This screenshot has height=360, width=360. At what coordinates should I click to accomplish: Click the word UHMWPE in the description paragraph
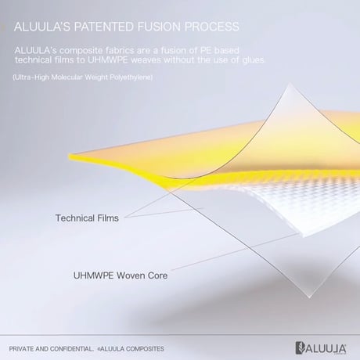108,60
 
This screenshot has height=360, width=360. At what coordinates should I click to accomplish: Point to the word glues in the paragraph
254,60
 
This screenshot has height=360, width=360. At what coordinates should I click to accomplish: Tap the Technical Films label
87,218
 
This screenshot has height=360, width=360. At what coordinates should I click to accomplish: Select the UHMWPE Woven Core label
121,275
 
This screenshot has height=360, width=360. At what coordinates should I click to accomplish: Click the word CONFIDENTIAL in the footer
71,349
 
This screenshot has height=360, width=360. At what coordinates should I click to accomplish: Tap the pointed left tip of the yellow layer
70,157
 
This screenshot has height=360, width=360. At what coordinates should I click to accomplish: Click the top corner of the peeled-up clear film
290,84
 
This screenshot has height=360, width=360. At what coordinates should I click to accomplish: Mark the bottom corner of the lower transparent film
309,297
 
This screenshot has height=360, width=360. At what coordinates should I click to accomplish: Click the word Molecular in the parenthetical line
68,77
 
